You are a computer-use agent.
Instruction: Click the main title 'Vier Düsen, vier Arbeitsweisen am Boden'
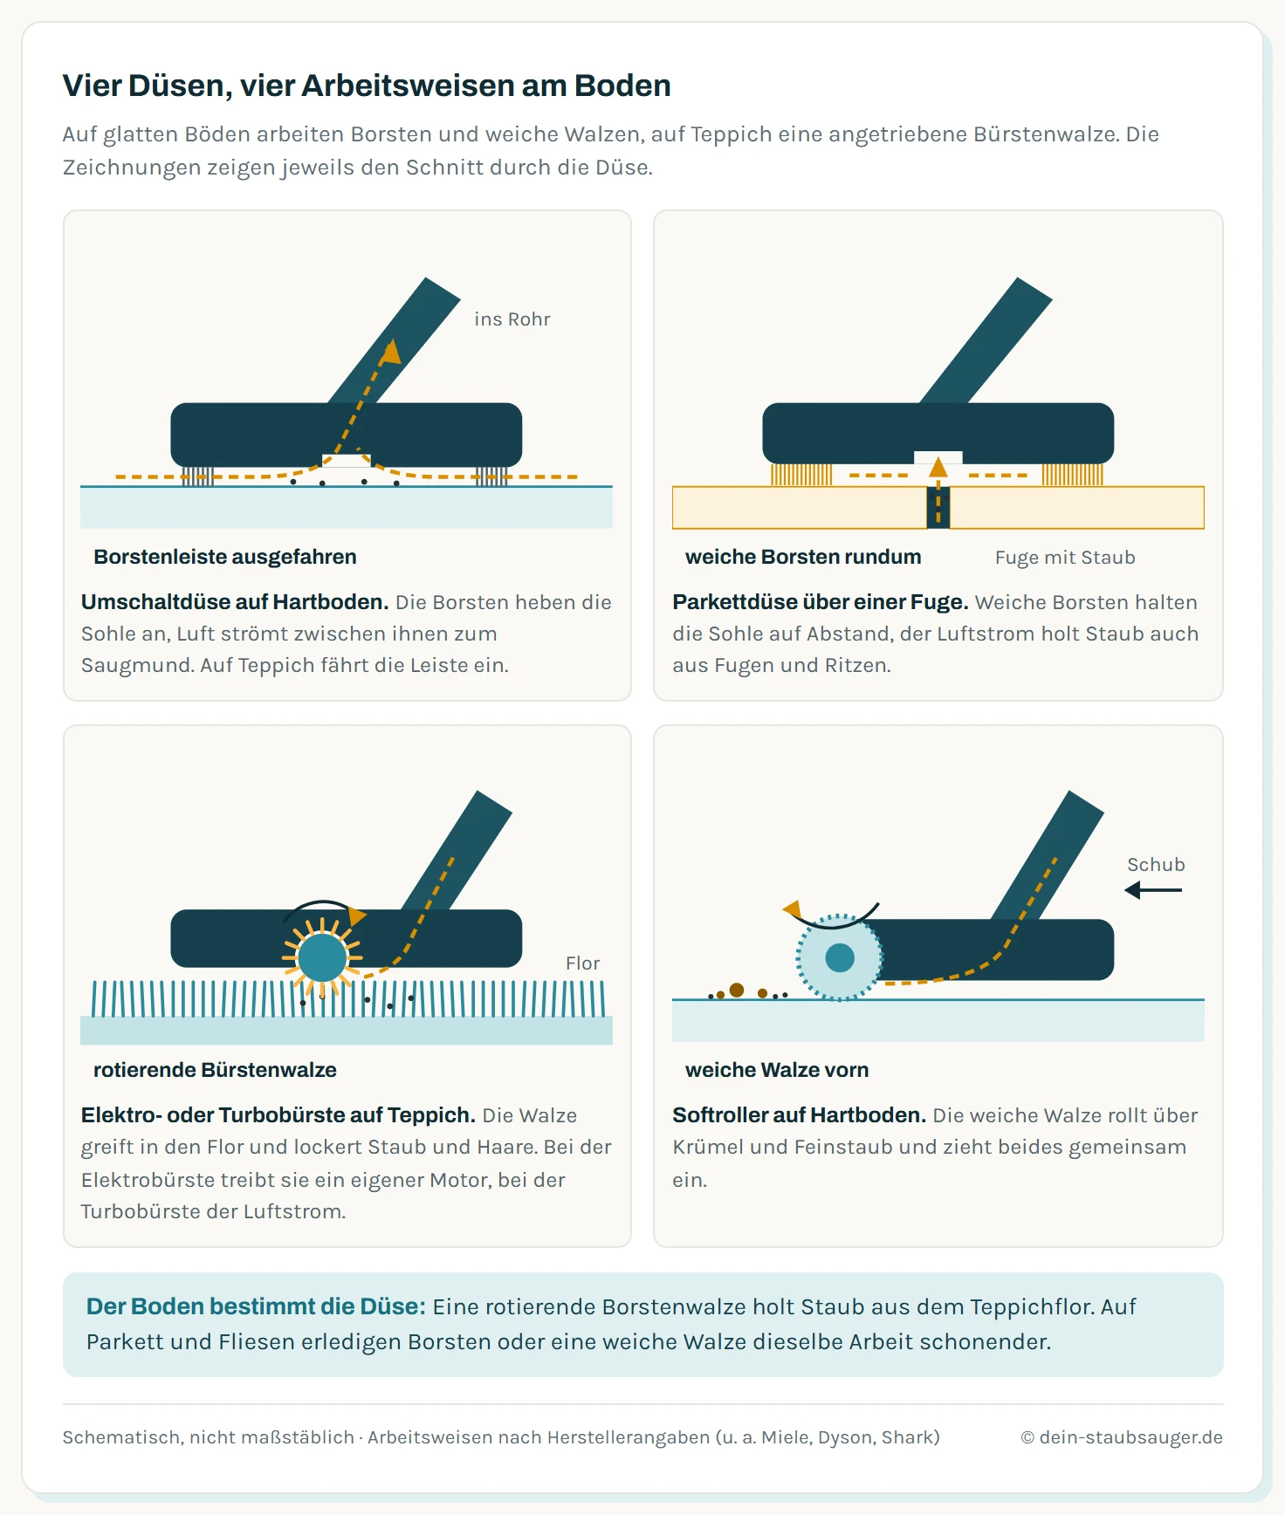click(x=367, y=86)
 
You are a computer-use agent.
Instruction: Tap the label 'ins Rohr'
click(x=512, y=319)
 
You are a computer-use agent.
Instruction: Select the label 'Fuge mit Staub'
click(x=1065, y=558)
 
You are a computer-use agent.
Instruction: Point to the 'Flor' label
click(x=582, y=963)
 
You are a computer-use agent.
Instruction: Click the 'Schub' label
click(x=1156, y=865)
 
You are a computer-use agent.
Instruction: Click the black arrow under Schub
click(x=1153, y=890)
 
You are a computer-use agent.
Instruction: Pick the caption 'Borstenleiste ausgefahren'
click(x=225, y=557)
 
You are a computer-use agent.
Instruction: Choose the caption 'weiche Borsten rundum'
click(x=803, y=557)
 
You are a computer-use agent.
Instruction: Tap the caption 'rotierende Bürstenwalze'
click(x=215, y=1070)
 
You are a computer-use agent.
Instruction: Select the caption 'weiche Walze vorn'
click(x=777, y=1070)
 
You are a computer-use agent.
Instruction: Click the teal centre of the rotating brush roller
click(x=322, y=957)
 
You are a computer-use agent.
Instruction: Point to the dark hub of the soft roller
click(x=840, y=957)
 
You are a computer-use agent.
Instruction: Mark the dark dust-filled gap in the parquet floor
click(x=938, y=507)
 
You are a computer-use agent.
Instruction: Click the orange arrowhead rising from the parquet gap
click(x=938, y=467)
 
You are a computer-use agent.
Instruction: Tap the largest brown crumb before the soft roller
click(x=737, y=990)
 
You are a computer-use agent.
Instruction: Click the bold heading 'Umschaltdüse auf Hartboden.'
click(x=235, y=602)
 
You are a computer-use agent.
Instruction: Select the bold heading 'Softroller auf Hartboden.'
click(x=799, y=1115)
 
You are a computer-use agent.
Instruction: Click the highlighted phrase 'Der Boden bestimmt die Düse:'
click(x=256, y=1306)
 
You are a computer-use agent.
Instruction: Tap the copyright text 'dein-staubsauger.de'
click(x=1130, y=1437)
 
